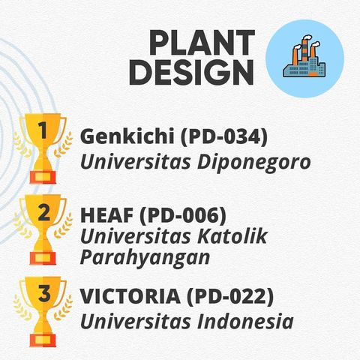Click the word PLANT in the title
[202, 43]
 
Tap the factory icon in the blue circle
[304, 60]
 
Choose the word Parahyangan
[145, 257]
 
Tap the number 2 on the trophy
[43, 213]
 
